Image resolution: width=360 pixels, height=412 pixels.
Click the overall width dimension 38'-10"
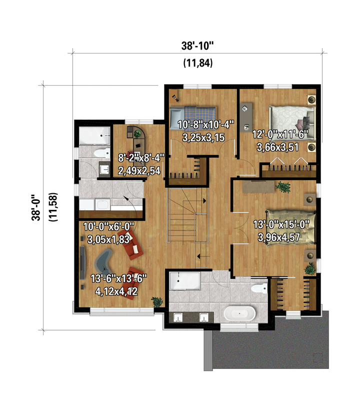click(197, 46)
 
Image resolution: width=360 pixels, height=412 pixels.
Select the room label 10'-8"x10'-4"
click(205, 125)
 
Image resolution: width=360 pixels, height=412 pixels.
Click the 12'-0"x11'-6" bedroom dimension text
click(280, 135)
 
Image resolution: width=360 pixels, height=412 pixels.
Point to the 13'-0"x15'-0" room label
click(281, 225)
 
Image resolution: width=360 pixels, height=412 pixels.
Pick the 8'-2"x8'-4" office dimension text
click(141, 158)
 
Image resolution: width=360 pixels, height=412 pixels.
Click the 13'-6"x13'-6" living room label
click(118, 279)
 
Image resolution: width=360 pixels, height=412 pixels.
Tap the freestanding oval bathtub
click(239, 313)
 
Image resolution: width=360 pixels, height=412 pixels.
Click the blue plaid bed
click(193, 118)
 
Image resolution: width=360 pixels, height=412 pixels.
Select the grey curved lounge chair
click(104, 262)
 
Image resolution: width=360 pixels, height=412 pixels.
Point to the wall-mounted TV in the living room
click(82, 263)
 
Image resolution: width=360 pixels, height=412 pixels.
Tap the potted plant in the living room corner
click(157, 302)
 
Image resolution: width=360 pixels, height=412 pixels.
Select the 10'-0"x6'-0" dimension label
click(109, 226)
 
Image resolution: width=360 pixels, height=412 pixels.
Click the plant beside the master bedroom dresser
click(283, 187)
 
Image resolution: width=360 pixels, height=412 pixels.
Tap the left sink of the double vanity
click(178, 317)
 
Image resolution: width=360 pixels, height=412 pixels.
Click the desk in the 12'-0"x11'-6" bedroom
click(246, 117)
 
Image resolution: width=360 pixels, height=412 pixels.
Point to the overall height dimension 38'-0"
click(36, 208)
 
